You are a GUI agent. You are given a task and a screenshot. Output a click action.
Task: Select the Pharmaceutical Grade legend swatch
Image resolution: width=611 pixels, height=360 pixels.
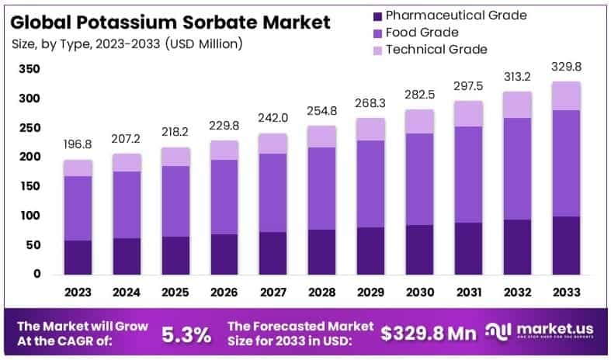(377, 16)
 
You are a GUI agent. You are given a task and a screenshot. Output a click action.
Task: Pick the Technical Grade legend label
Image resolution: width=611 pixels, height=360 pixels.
(436, 50)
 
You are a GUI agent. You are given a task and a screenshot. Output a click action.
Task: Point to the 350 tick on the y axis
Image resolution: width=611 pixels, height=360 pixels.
(29, 69)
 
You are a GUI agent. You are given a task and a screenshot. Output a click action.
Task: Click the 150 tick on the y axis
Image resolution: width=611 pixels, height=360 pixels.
(29, 186)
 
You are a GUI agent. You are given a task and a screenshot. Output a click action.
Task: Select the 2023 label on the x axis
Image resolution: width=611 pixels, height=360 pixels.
(78, 292)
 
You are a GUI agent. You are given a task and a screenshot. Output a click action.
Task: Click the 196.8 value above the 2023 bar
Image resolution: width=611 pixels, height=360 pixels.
(78, 145)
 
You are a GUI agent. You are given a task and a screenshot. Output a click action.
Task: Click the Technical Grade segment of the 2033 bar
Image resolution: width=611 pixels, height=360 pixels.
(566, 95)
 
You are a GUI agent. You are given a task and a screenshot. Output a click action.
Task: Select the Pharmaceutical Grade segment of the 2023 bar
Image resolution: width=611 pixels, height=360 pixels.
(78, 257)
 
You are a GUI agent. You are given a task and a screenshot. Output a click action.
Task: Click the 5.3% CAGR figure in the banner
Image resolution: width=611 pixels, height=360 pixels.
(186, 334)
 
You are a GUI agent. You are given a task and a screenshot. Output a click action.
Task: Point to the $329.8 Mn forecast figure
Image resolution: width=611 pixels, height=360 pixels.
(428, 334)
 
